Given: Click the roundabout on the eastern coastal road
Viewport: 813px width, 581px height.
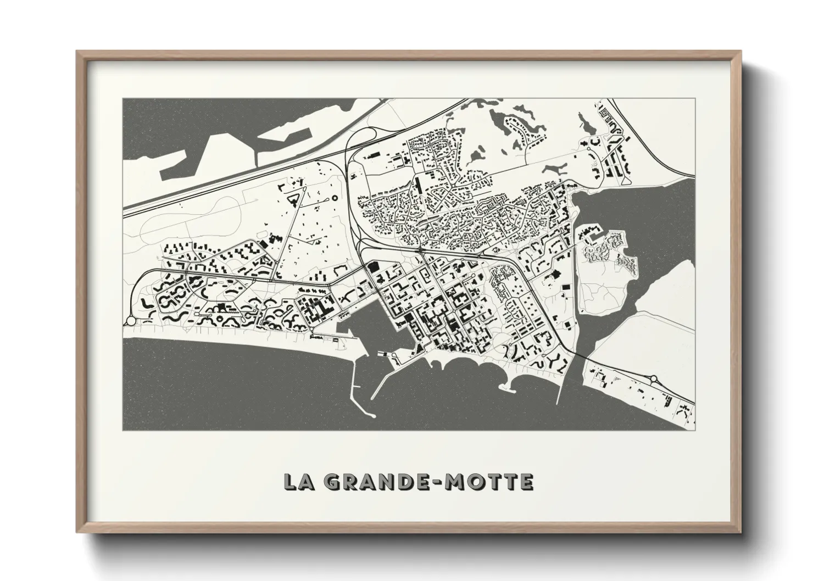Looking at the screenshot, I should point(654,378).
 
